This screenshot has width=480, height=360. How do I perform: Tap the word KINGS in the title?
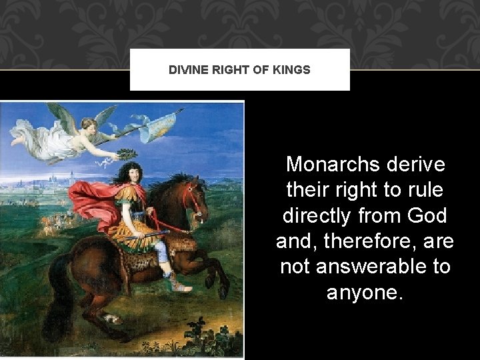[291, 69]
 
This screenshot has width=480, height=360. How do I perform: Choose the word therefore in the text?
[366, 241]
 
